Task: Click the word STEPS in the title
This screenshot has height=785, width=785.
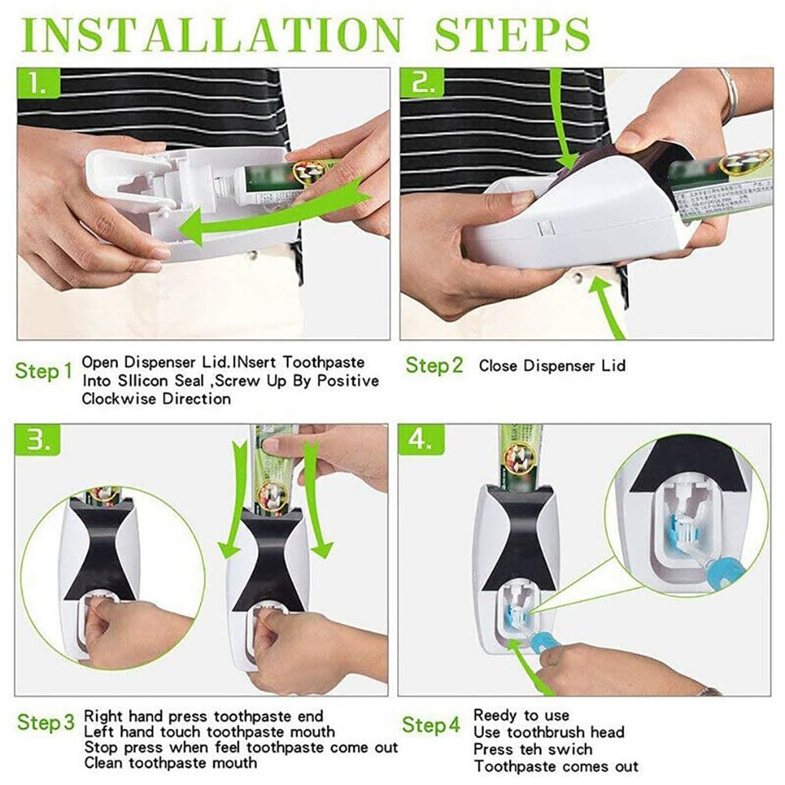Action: (513, 34)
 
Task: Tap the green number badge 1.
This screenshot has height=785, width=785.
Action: (38, 83)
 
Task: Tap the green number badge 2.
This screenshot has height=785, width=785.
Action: (421, 83)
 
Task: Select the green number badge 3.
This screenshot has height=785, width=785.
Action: (38, 441)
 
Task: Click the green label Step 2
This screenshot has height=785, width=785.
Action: (435, 366)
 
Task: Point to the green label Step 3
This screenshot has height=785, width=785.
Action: (46, 723)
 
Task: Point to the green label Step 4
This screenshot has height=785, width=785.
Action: (431, 724)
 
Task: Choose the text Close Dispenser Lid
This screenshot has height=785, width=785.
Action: (552, 366)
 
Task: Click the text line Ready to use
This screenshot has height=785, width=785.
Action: (521, 715)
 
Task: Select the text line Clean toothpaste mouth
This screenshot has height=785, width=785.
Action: (170, 763)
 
